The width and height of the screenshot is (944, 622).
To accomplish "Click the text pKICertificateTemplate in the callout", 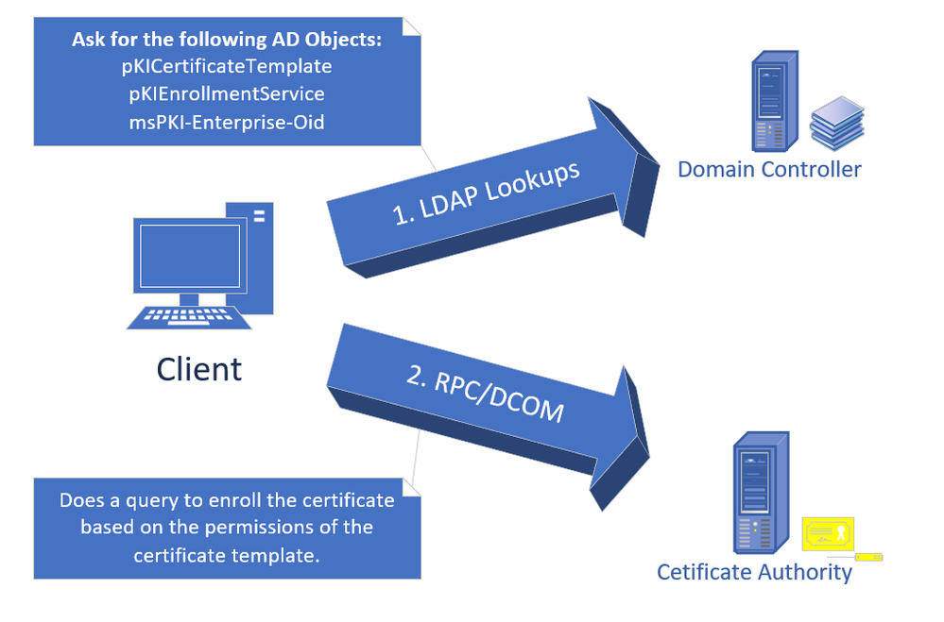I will coord(226,67).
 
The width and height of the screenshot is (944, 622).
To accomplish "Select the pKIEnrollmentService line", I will coord(226,94).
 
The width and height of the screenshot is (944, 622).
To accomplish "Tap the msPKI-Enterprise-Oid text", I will coord(226,122).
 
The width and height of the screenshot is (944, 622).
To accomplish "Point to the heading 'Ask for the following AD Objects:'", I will coord(226,41).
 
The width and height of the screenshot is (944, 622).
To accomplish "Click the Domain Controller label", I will coord(769,170).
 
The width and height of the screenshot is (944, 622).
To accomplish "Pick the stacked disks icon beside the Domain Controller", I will coord(836,123).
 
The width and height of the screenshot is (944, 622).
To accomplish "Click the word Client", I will coord(199,368).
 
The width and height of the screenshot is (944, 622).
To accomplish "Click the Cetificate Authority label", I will coord(754,572).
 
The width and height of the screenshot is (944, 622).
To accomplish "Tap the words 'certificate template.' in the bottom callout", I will coord(226,555).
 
